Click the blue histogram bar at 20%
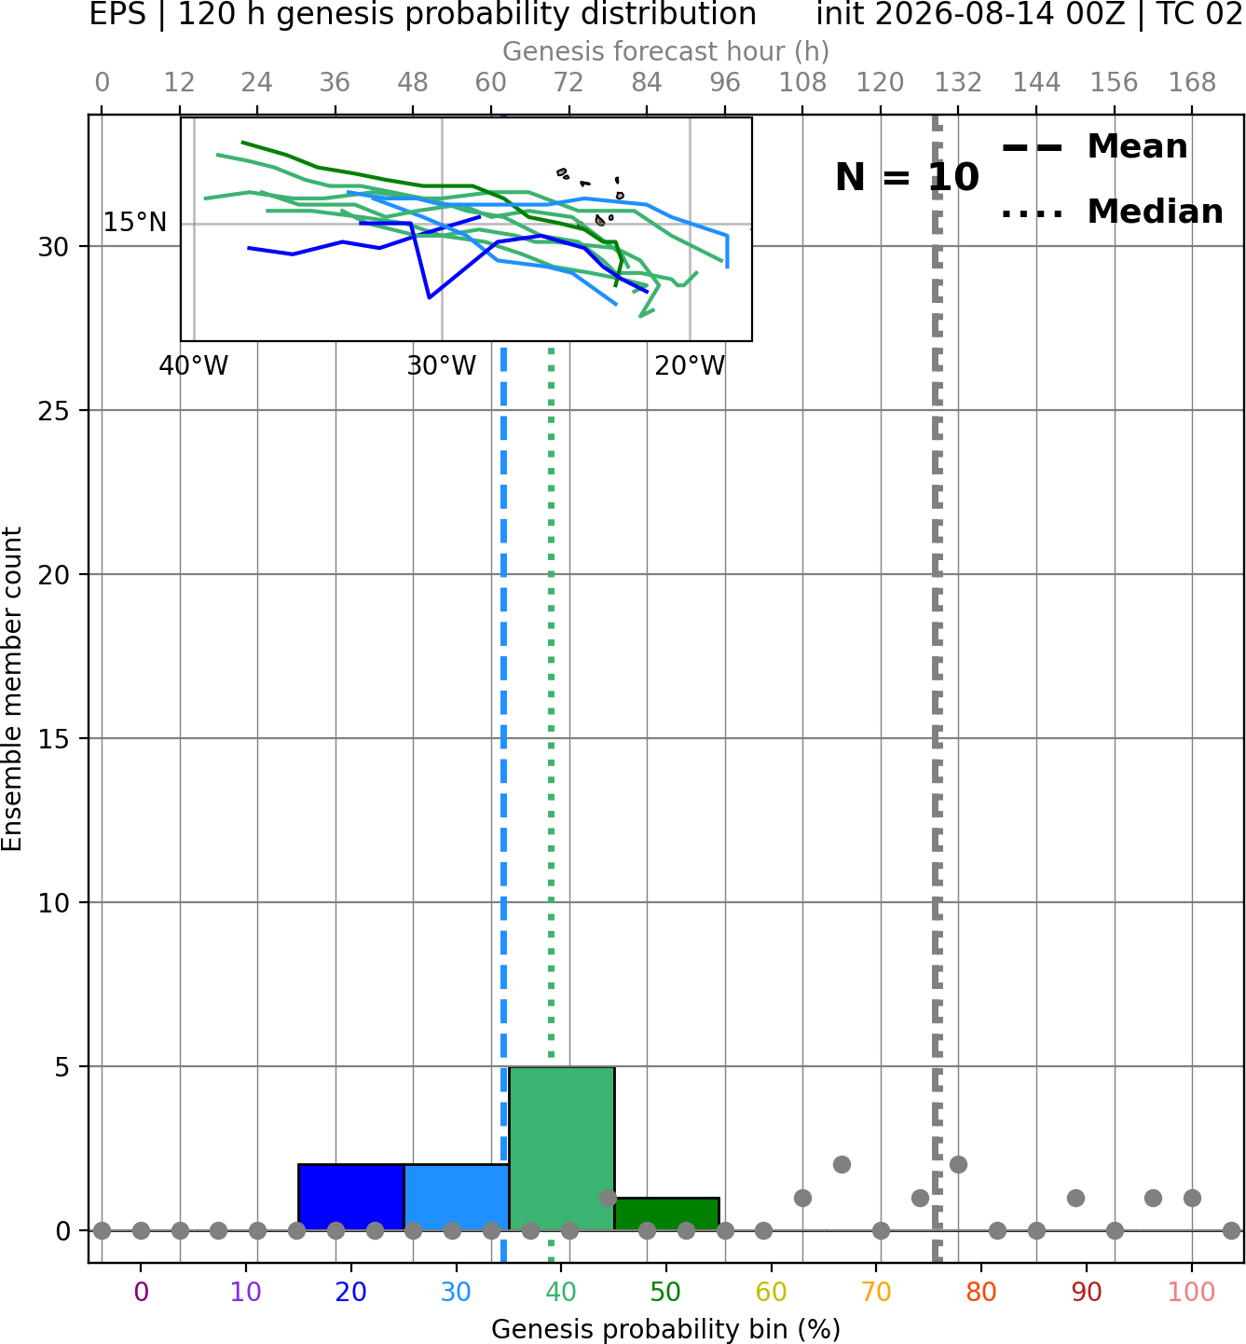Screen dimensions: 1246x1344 tap(351, 1197)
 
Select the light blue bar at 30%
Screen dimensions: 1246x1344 tap(456, 1197)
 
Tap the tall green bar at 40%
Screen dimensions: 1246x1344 tap(562, 1148)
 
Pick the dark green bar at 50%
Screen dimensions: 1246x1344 tap(666, 1214)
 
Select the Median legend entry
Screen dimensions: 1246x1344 tap(1112, 212)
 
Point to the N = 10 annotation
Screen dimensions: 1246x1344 tap(907, 177)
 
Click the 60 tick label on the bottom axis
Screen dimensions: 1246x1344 tap(772, 1292)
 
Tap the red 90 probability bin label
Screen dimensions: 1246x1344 tap(1087, 1292)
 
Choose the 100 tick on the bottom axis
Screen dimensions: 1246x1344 tap(1192, 1292)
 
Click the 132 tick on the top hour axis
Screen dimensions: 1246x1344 tap(958, 83)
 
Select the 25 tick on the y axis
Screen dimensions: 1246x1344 tap(54, 411)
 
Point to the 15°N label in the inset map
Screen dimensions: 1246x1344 tap(135, 222)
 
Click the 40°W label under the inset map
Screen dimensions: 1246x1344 tap(194, 366)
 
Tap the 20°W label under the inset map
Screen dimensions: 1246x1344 tap(690, 366)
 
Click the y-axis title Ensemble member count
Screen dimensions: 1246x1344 tap(12, 689)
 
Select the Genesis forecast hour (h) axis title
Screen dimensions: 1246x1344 tap(666, 51)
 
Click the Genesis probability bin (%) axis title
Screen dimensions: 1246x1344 tap(666, 1329)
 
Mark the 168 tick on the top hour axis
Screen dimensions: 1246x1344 tap(1192, 83)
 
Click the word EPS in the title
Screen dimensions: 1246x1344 tap(117, 14)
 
